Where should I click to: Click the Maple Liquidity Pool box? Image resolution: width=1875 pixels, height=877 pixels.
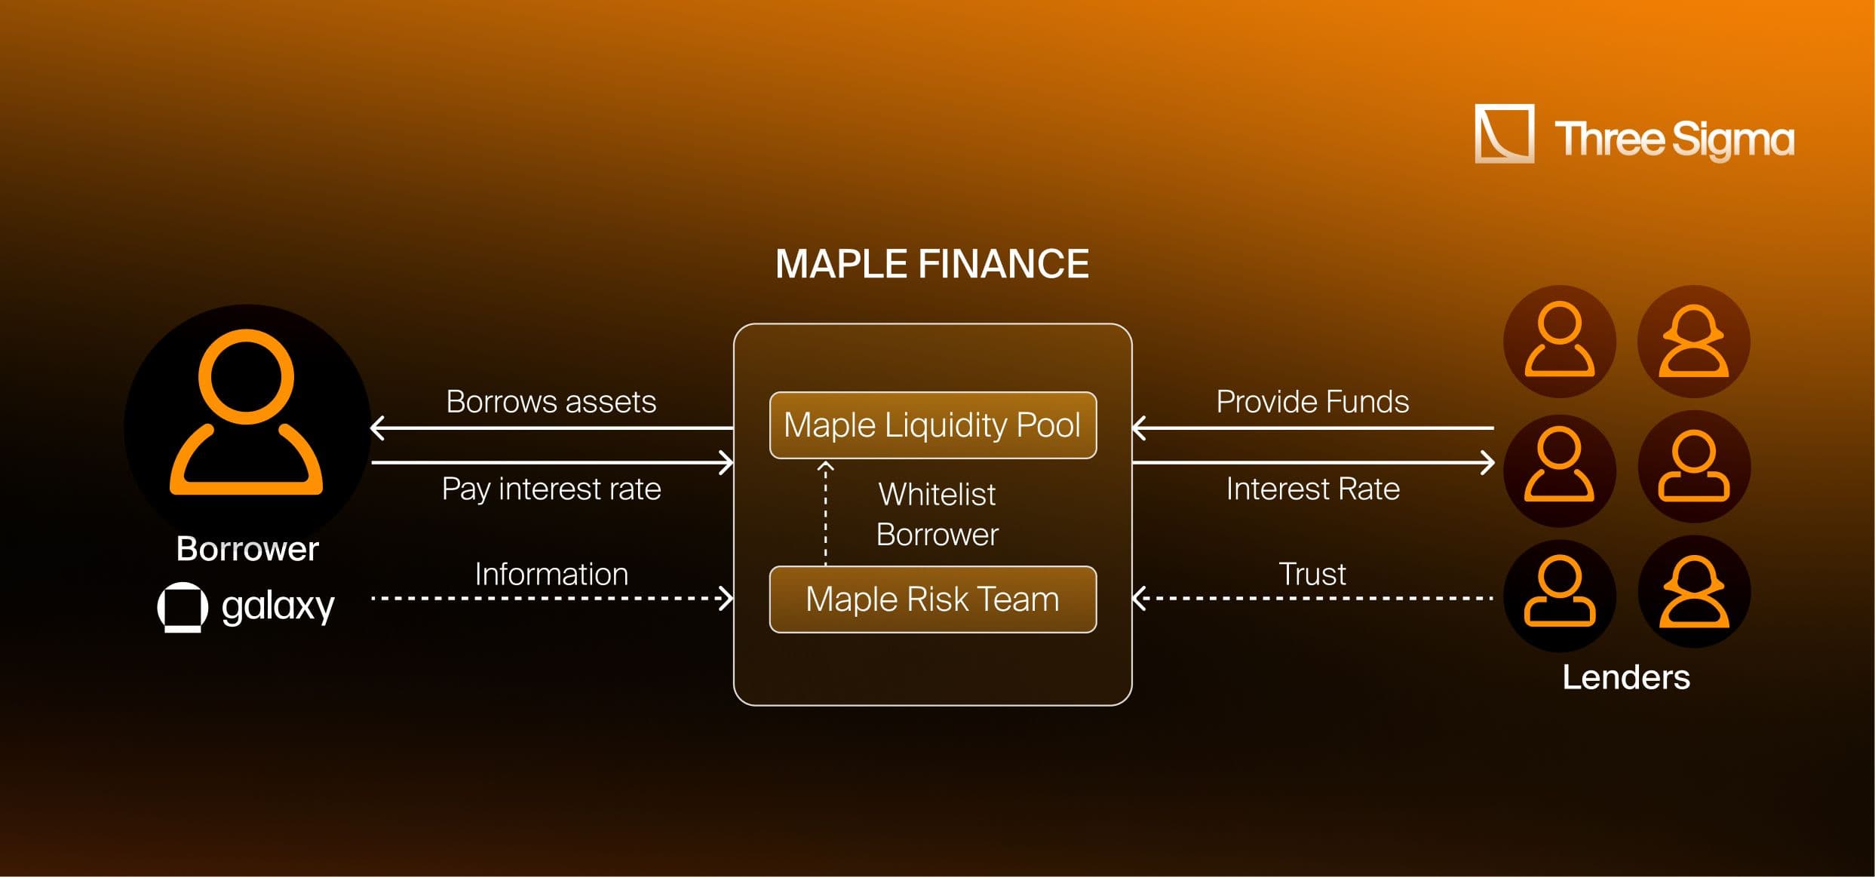[x=932, y=425]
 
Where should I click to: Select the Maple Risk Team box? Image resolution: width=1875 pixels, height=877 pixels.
[x=932, y=599]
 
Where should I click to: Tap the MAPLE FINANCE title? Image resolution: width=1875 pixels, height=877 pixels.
[x=932, y=265]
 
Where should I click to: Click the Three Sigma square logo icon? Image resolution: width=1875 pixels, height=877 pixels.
[x=1504, y=134]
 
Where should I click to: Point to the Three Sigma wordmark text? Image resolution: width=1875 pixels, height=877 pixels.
[x=1674, y=140]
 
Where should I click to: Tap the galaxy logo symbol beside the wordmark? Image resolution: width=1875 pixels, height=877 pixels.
[x=183, y=606]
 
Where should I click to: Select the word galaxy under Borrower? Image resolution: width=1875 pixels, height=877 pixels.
[x=278, y=606]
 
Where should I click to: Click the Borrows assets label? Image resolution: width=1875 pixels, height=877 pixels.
[x=551, y=402]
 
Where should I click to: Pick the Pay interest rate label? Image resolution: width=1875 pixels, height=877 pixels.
[x=551, y=489]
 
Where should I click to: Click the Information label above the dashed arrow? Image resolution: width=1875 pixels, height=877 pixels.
[x=551, y=575]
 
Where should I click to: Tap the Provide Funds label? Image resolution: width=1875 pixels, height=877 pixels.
[x=1312, y=402]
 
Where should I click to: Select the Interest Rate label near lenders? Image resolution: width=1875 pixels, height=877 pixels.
[x=1312, y=489]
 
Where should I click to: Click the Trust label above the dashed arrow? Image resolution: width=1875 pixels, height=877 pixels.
[x=1312, y=575]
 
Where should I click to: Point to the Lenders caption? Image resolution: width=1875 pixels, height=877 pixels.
[x=1625, y=677]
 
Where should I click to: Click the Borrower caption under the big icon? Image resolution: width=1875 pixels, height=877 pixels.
[x=247, y=549]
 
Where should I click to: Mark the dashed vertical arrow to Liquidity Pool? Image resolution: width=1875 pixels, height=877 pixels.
[x=826, y=513]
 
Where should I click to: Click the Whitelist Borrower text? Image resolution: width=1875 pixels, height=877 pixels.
[x=937, y=514]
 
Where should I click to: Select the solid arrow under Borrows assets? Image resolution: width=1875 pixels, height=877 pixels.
[x=551, y=428]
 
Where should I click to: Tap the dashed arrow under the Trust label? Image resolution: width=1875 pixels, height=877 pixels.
[x=1312, y=599]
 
